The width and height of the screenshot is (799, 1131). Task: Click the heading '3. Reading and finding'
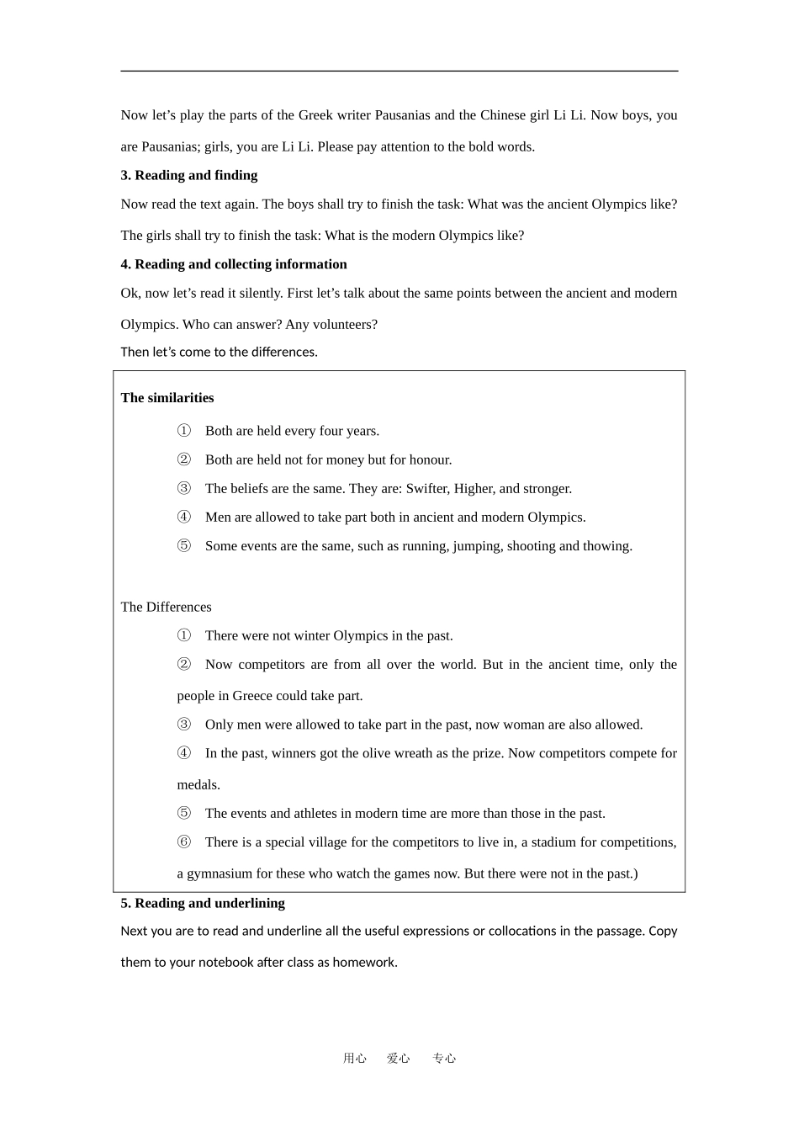point(188,175)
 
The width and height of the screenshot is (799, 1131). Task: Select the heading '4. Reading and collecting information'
point(233,264)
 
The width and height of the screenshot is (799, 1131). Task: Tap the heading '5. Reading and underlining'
point(202,903)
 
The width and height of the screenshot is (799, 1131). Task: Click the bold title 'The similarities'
point(167,398)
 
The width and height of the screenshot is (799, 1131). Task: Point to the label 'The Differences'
point(166,607)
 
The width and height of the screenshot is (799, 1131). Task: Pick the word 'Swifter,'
point(428,489)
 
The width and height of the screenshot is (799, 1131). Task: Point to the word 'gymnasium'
point(220,873)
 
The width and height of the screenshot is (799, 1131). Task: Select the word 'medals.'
point(198,785)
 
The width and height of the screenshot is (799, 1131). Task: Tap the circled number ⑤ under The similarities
point(184,546)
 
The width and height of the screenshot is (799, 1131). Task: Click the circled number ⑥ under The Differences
point(184,842)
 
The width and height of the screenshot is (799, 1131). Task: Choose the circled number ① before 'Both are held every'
point(184,431)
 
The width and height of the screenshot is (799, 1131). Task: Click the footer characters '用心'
point(355,1059)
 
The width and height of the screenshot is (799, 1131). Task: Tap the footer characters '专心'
point(444,1059)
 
